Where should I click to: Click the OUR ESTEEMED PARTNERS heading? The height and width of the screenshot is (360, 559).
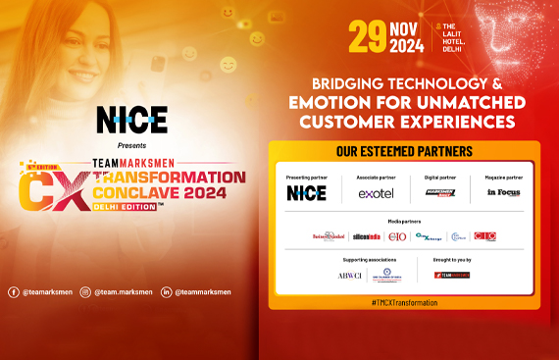(404, 152)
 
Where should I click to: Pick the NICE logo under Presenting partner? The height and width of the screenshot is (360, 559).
(306, 193)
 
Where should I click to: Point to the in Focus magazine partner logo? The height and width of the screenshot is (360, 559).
(502, 193)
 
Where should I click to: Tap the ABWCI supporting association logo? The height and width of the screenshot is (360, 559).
(349, 276)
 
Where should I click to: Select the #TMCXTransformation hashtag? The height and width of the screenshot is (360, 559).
(404, 302)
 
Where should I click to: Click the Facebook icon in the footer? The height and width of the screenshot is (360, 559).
(13, 291)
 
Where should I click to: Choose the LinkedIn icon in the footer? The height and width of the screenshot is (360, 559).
(167, 291)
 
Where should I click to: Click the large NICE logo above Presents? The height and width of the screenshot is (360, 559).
(131, 120)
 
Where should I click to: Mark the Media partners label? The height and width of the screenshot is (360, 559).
(404, 221)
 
